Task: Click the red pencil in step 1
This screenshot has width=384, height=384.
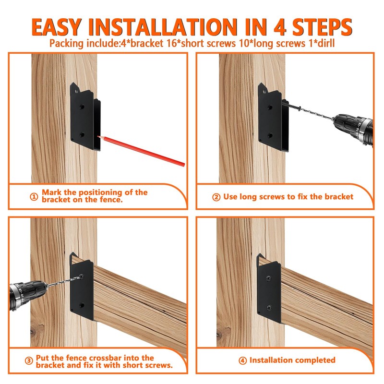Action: (141, 151)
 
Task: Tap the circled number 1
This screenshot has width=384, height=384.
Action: (34, 197)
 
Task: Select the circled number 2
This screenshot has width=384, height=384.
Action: (216, 197)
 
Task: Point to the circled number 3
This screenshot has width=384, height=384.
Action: (29, 360)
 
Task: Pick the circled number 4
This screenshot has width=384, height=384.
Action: (242, 360)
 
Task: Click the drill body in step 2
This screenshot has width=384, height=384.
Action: (353, 129)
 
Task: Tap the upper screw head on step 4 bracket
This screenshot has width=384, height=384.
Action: (269, 278)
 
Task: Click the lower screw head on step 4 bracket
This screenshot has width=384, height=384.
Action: (269, 307)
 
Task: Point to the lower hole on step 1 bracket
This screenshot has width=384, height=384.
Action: (82, 134)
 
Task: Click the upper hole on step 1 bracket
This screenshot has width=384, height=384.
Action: (82, 107)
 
